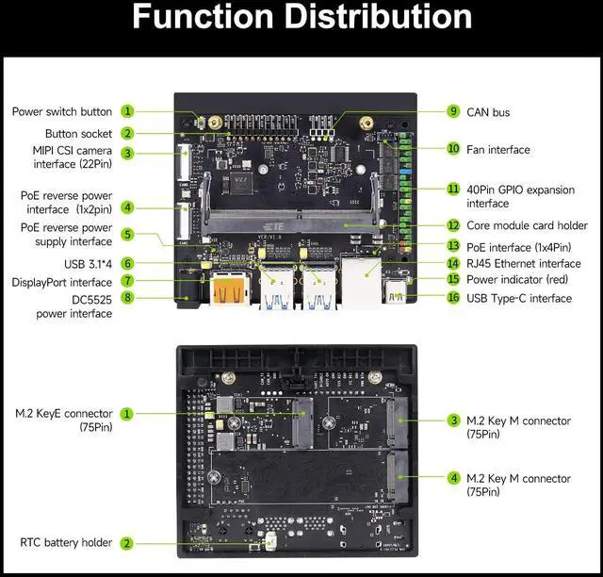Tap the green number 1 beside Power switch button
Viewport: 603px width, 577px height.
click(127, 111)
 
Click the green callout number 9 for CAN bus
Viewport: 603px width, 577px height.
click(453, 111)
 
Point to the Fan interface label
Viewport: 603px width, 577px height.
click(497, 149)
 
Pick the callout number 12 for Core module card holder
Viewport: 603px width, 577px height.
click(453, 225)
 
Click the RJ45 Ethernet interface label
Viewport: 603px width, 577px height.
click(524, 263)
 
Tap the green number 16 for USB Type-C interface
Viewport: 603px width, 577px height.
click(453, 298)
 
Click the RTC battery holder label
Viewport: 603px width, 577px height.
click(66, 542)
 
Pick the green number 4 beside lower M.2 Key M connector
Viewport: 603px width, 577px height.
click(453, 478)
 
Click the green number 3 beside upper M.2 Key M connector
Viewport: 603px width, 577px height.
click(453, 420)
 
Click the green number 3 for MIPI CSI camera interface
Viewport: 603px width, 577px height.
click(127, 153)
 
